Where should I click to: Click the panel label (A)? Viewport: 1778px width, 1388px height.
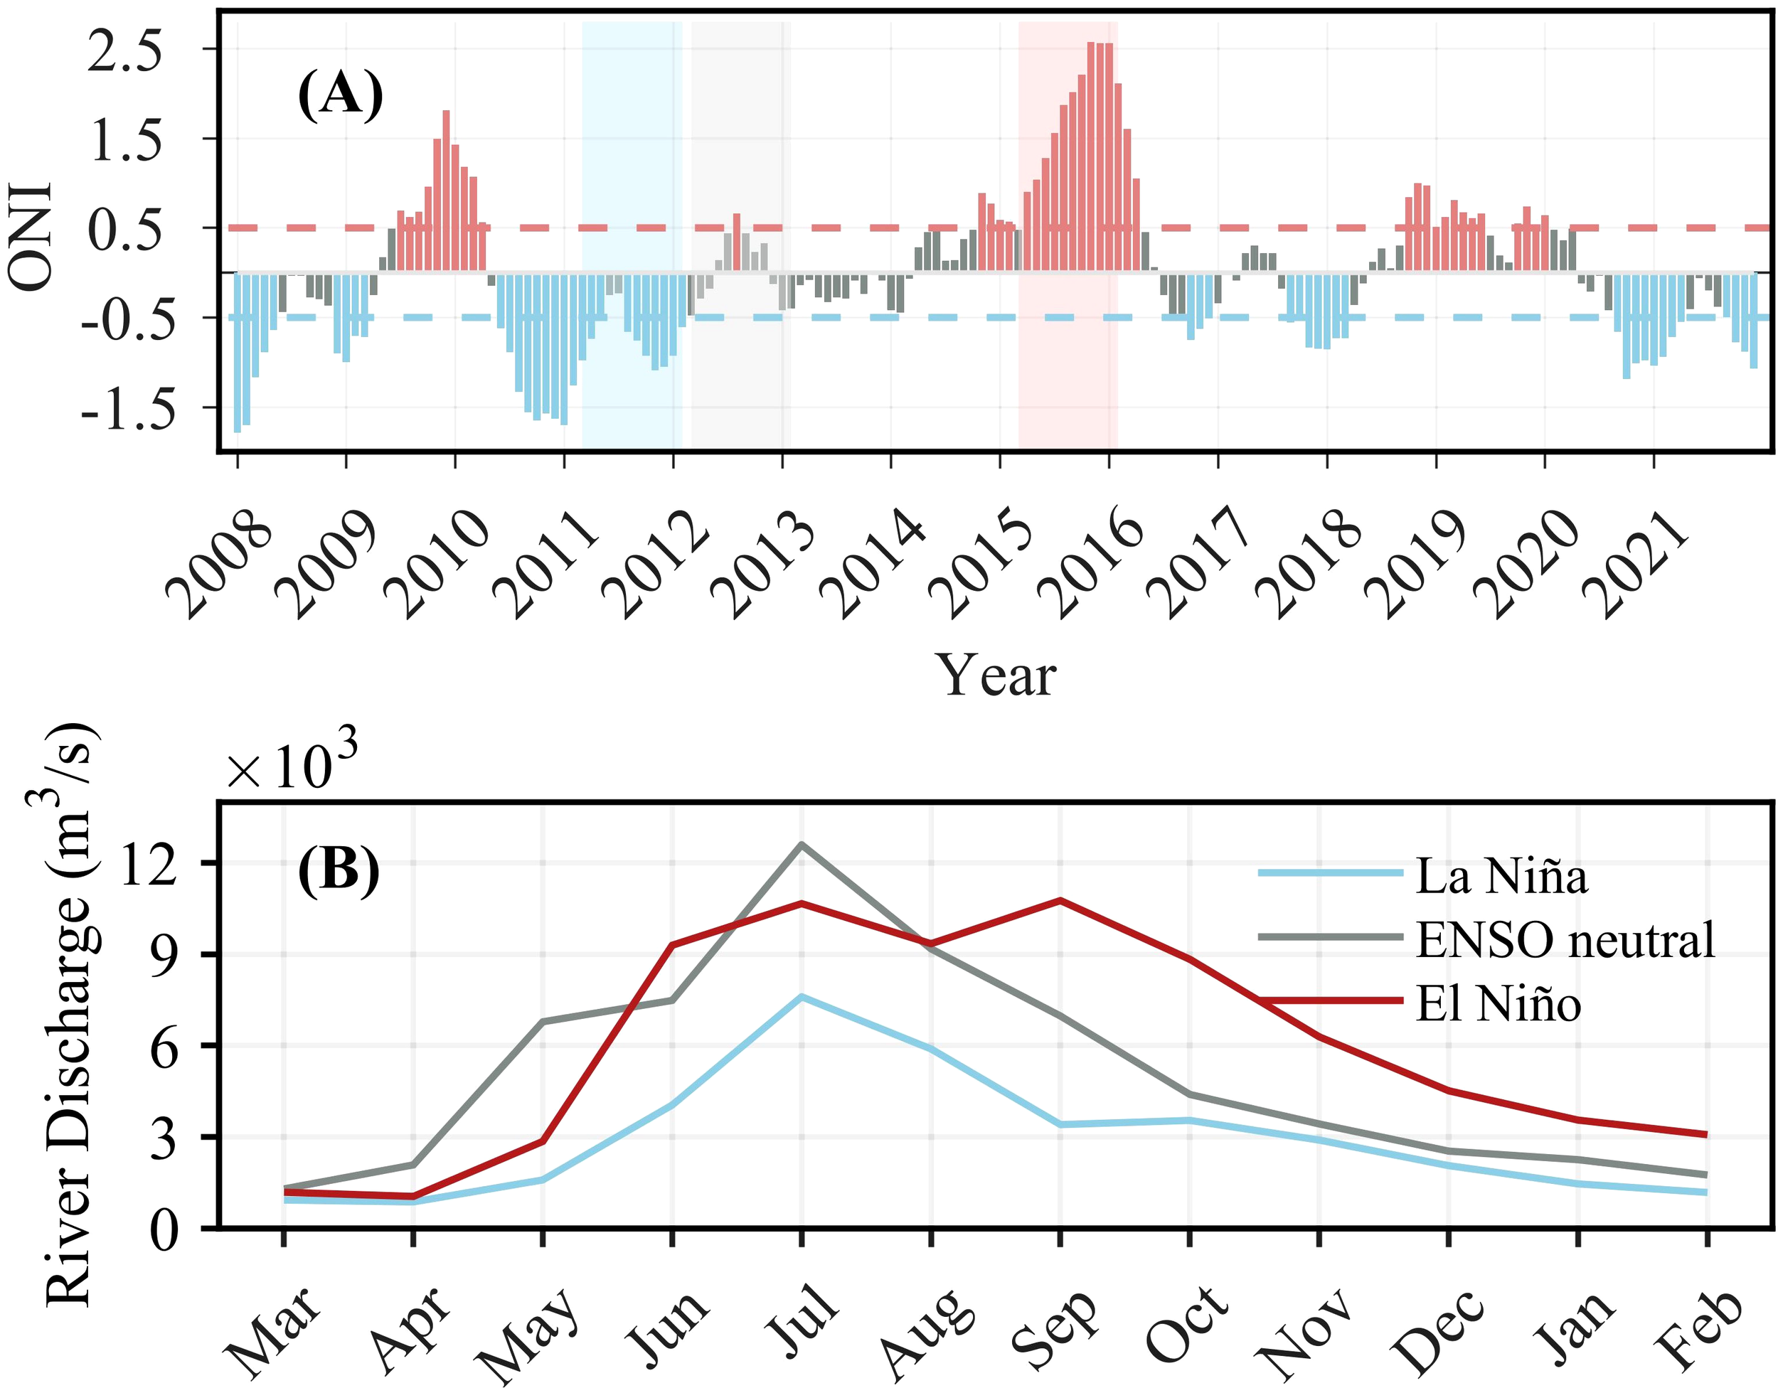point(340,95)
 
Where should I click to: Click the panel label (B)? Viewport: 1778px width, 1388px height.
point(339,871)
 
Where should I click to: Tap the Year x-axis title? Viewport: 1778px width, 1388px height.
point(998,676)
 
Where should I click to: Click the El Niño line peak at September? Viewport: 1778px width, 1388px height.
point(1060,899)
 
